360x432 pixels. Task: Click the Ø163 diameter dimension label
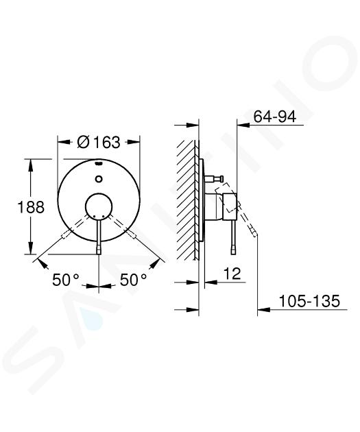99,142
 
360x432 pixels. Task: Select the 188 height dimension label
31,207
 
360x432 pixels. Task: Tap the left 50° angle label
66,280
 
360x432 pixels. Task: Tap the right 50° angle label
133,280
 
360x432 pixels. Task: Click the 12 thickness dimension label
232,274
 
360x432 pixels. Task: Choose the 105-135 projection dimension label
309,301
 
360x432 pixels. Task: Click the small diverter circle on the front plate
99,179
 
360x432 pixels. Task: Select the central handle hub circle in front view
99,206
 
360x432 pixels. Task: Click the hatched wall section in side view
188,200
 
